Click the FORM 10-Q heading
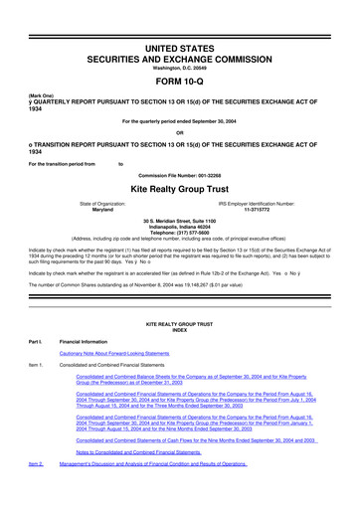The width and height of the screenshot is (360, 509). [180, 83]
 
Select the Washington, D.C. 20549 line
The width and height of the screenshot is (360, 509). [180, 70]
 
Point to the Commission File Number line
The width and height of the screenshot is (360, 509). [180, 171]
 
